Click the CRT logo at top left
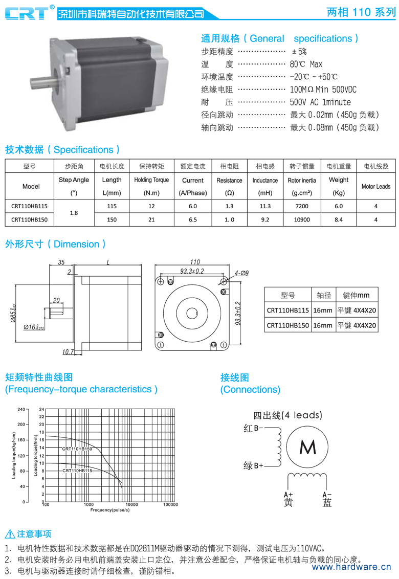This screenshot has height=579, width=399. coord(27,13)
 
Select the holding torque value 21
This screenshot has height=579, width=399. coord(151,220)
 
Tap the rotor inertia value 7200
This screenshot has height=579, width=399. coord(302,207)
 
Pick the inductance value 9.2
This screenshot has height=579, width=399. coord(265,220)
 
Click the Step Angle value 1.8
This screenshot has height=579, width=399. coord(74,213)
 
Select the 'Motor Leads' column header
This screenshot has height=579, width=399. coord(375,187)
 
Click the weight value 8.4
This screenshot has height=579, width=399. coord(339,220)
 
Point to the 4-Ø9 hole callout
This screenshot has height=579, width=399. coord(241,273)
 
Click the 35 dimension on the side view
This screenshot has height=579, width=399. coord(61,262)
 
